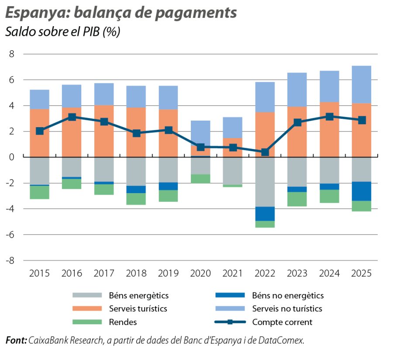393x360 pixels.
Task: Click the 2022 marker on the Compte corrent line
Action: pos(265,152)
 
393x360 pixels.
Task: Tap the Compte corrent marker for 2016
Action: pos(72,117)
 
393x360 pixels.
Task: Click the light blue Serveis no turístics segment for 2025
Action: pos(361,84)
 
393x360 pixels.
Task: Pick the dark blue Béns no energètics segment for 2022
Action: pos(265,214)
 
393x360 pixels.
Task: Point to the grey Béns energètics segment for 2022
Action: pos(265,182)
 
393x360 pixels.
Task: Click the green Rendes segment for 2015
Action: pos(39,193)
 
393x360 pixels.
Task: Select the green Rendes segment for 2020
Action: pos(200,178)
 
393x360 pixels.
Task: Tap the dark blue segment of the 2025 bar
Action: pos(361,191)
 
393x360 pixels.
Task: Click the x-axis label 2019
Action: pos(168,273)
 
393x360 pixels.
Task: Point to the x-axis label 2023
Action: pos(297,273)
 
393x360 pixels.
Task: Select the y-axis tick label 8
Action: pos(12,54)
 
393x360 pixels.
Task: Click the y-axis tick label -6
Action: pos(10,235)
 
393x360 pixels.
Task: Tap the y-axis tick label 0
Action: pos(12,157)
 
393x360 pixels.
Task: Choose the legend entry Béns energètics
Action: pos(136,296)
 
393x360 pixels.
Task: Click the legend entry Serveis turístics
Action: pos(135,309)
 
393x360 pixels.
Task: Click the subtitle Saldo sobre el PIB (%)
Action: pos(62,33)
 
